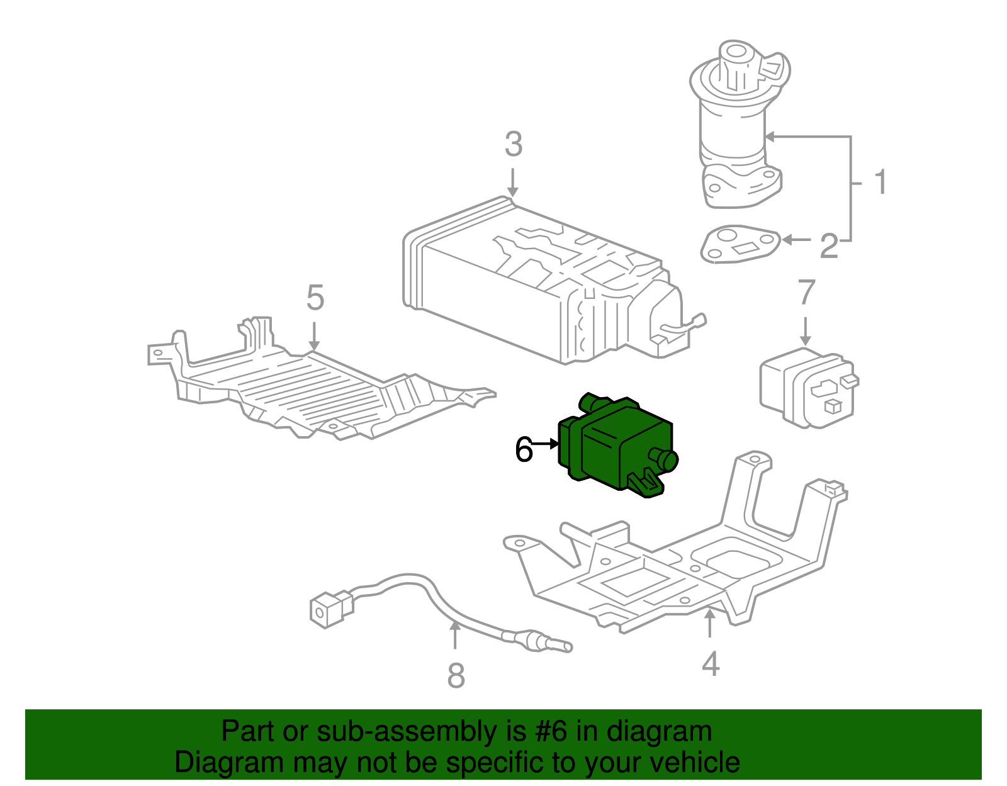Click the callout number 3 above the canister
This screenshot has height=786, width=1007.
pyautogui.click(x=514, y=145)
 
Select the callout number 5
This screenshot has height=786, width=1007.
pyautogui.click(x=315, y=298)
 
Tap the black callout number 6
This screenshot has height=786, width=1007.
pyautogui.click(x=523, y=450)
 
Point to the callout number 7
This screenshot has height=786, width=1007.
pyautogui.click(x=806, y=293)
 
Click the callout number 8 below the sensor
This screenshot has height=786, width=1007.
pyautogui.click(x=456, y=676)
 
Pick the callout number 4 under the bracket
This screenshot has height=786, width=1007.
pyautogui.click(x=711, y=664)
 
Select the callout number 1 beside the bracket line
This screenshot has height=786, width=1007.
pyautogui.click(x=880, y=182)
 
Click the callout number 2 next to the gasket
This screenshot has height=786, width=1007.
pyautogui.click(x=829, y=246)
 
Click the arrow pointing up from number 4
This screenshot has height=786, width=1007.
pyautogui.click(x=710, y=623)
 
